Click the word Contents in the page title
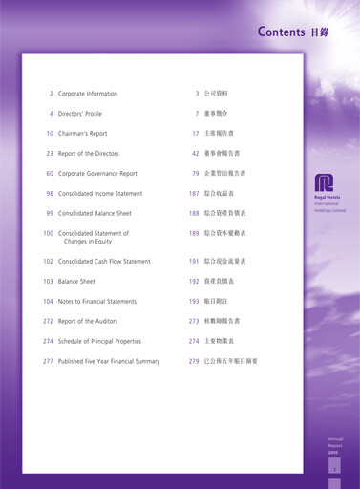281,32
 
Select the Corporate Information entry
88,94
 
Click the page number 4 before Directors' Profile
51,114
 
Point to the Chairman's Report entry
83,134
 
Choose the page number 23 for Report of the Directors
50,153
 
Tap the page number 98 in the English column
50,193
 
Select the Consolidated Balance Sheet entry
95,213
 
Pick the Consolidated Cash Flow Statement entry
104,261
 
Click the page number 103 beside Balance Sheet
48,282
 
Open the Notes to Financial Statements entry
97,302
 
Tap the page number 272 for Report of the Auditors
48,321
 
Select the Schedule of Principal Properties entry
99,341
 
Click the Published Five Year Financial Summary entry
109,361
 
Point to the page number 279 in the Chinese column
194,361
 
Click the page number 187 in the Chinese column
194,193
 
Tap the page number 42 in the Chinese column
196,153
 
